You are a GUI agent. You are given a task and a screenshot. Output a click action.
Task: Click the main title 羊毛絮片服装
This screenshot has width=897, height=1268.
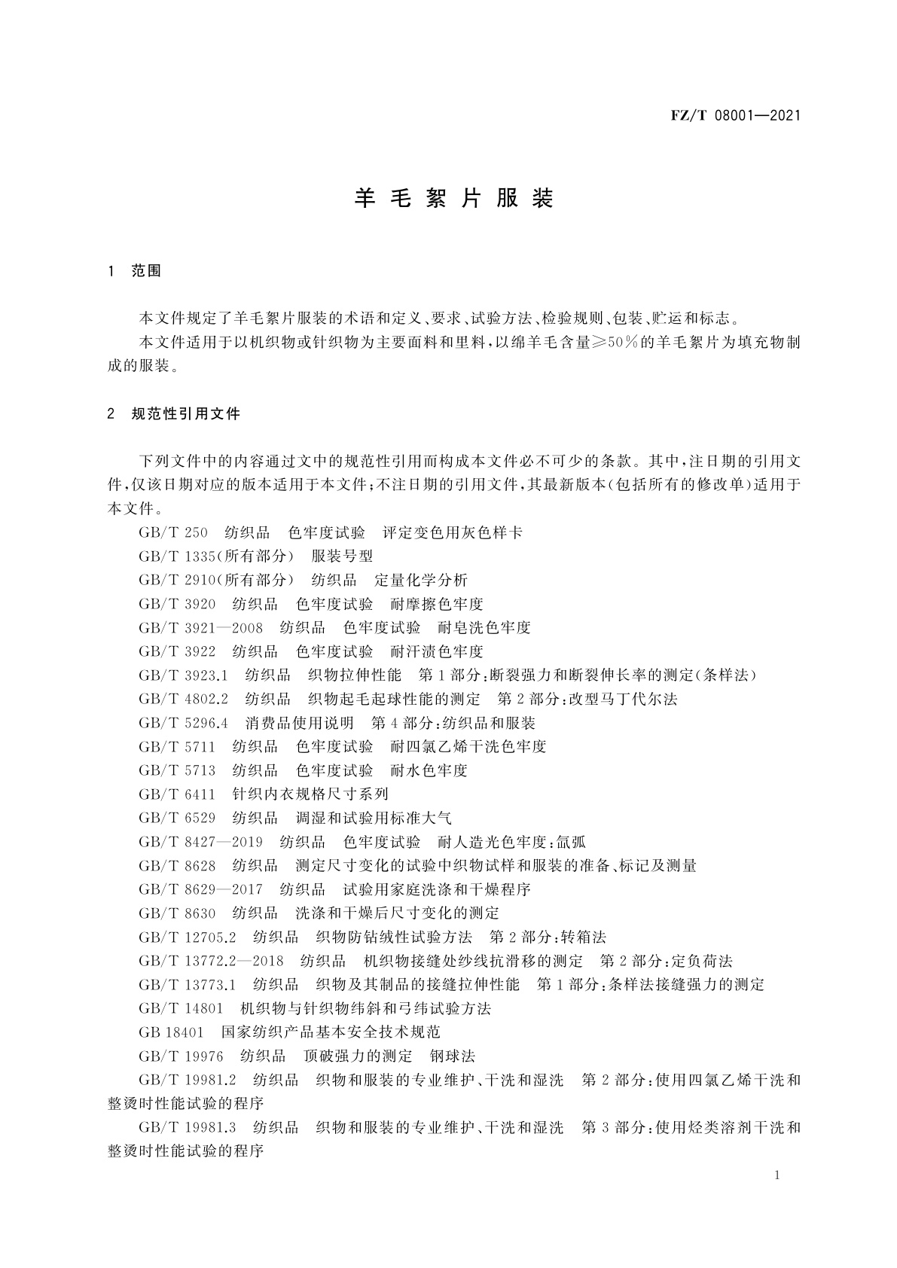coord(454,199)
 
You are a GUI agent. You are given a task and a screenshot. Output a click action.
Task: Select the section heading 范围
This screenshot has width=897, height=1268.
coord(147,271)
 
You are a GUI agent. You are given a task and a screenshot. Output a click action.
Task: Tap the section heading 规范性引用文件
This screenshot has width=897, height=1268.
coord(185,414)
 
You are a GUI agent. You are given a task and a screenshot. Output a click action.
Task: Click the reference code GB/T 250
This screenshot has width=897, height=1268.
coord(173,533)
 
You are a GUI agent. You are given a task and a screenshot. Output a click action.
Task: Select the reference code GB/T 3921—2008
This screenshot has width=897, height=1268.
coord(201,628)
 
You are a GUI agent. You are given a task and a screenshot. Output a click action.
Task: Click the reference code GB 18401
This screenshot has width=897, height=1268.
coord(171,1032)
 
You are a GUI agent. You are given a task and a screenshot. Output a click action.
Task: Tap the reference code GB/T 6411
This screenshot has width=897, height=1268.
coord(177,794)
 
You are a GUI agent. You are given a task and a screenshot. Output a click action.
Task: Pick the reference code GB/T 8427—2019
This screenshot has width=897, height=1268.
coord(201,842)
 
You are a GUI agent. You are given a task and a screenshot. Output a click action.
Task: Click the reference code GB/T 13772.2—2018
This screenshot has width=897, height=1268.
coord(212,962)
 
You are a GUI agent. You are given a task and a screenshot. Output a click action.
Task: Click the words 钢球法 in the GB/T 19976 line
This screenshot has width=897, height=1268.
coord(453,1056)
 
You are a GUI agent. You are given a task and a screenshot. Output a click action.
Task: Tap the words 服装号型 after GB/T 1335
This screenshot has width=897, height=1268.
coord(343,556)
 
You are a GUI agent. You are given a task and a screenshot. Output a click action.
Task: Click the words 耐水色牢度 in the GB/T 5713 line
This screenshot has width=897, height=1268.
coord(429,771)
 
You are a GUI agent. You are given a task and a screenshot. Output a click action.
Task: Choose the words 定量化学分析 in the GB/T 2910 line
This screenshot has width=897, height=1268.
coord(421,581)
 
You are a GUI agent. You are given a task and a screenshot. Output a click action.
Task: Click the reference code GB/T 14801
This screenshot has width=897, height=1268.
coord(181,1009)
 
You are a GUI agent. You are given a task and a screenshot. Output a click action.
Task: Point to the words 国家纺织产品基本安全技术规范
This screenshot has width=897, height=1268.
coord(331,1032)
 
